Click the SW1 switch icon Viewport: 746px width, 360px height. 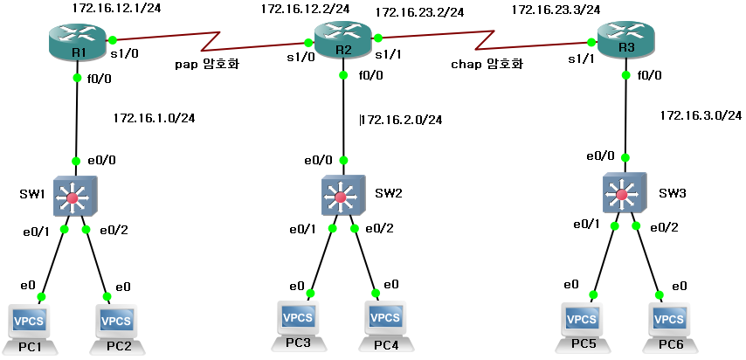pyautogui.click(x=73, y=197)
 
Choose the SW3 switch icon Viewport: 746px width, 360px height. pyautogui.click(x=624, y=192)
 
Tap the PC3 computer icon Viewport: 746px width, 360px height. pyautogui.click(x=300, y=319)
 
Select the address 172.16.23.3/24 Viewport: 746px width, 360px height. pyautogui.click(x=556, y=10)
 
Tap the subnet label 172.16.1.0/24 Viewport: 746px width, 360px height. pyautogui.click(x=154, y=117)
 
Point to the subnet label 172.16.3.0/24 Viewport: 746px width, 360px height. pyautogui.click(x=701, y=115)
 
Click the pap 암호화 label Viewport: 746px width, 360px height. pyautogui.click(x=207, y=64)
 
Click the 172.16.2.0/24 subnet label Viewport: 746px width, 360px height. pyautogui.click(x=402, y=119)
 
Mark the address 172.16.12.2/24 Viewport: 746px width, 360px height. pyautogui.click(x=305, y=9)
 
